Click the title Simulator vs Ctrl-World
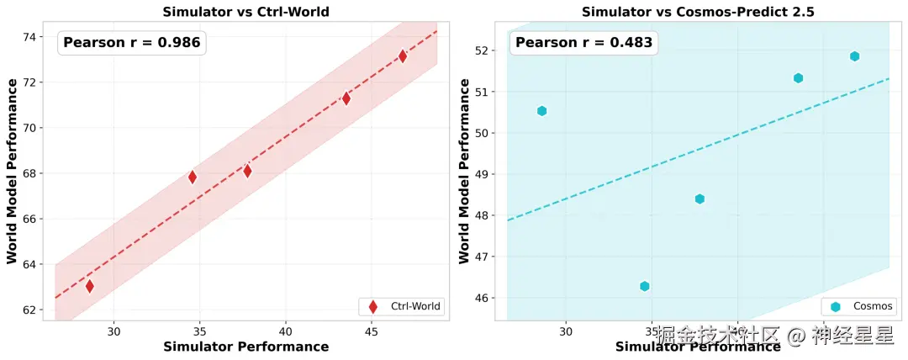point(245,11)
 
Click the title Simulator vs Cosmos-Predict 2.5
point(698,11)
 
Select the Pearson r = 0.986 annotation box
point(132,42)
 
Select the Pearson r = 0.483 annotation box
point(583,42)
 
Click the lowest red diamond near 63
point(90,286)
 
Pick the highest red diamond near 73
point(403,56)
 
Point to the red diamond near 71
point(346,98)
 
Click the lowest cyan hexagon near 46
point(644,286)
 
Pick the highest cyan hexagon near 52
point(854,56)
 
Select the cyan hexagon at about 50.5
point(541,111)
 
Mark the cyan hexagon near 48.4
point(699,199)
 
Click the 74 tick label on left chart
point(29,37)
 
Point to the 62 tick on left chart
point(29,310)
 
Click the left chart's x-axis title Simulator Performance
point(245,347)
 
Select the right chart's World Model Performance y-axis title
point(464,171)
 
